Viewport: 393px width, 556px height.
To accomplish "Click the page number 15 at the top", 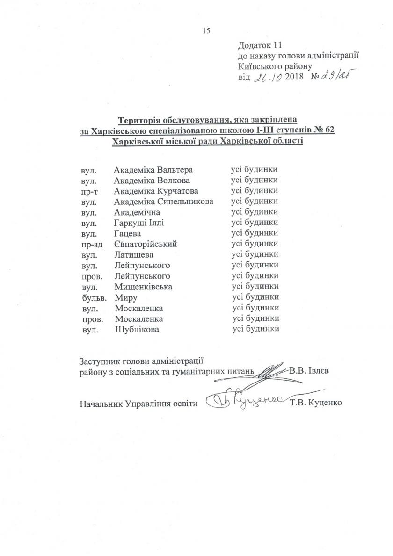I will [x=206, y=31].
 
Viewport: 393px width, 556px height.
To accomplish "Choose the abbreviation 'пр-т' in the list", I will [x=89, y=191].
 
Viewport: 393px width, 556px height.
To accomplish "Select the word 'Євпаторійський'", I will [x=146, y=244].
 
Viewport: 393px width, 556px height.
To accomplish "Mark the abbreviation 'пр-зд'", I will [x=91, y=244].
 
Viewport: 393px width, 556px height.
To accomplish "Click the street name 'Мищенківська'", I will [x=143, y=286].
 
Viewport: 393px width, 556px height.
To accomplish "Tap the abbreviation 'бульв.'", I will [x=91, y=297].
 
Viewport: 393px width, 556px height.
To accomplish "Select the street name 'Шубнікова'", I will [x=137, y=329].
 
